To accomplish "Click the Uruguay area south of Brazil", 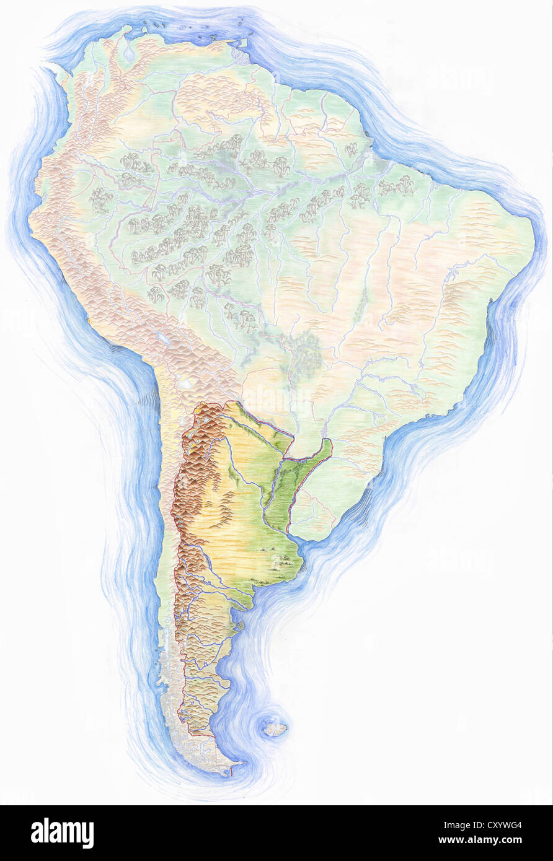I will click(316, 517).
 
